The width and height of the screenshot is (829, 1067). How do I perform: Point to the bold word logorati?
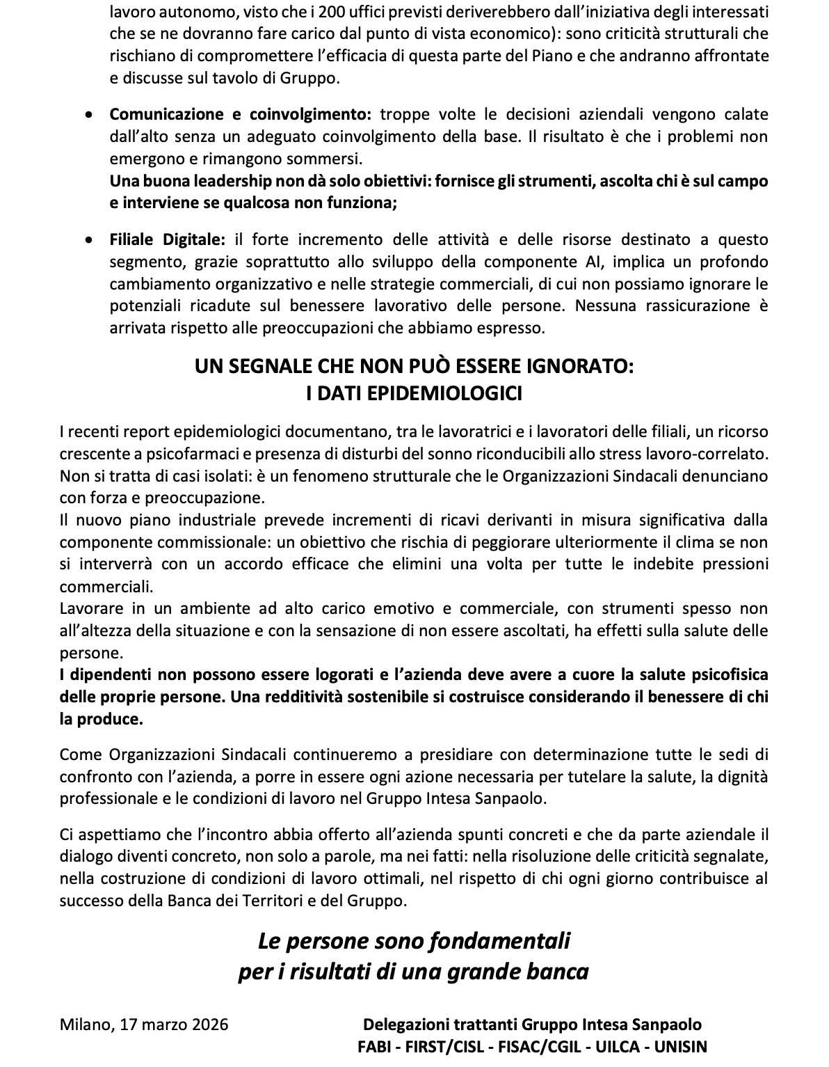coord(305,674)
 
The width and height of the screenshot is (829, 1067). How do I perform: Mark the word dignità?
coord(741,776)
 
